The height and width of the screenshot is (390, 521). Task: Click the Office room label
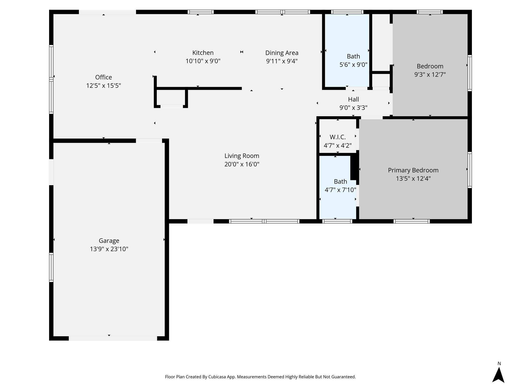[104, 77]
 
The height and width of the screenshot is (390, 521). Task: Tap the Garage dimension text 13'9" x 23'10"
[109, 249]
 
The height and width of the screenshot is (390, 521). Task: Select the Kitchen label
[203, 53]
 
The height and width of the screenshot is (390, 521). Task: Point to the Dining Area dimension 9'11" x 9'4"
[282, 61]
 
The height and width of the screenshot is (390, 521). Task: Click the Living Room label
[242, 156]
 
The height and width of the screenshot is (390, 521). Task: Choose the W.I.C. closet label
[338, 137]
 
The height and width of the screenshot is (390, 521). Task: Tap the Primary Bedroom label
[413, 170]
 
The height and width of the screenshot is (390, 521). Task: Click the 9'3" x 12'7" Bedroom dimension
[430, 75]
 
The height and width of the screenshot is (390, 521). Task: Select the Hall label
[353, 100]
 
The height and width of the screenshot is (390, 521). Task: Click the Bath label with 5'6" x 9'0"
[353, 56]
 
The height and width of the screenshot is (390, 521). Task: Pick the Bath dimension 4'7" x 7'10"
[340, 190]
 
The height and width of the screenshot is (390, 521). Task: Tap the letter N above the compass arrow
[499, 364]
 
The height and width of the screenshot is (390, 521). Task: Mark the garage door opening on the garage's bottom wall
[113, 338]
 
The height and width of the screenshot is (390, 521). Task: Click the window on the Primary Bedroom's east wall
[470, 170]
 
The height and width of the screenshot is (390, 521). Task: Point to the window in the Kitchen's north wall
[200, 12]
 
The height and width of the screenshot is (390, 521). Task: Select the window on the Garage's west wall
[51, 267]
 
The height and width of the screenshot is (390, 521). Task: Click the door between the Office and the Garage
[149, 141]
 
